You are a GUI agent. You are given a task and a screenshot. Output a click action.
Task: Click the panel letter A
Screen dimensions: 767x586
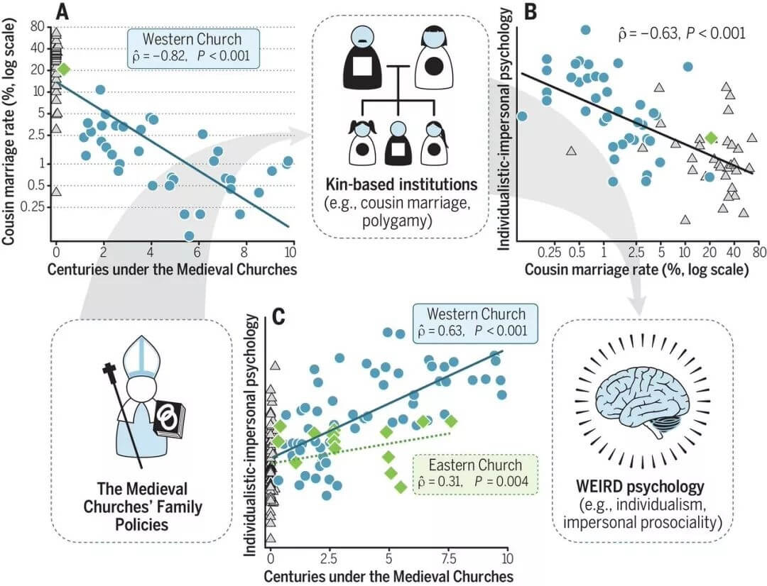click(62, 12)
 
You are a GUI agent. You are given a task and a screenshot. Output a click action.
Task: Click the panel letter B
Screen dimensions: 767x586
click(531, 12)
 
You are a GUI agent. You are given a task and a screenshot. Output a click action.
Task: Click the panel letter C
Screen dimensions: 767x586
click(278, 316)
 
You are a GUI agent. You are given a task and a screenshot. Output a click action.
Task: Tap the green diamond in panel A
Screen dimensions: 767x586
click(64, 70)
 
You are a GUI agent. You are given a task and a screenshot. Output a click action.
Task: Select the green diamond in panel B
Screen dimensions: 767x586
click(711, 138)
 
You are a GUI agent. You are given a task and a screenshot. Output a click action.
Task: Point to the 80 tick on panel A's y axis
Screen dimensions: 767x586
click(38, 26)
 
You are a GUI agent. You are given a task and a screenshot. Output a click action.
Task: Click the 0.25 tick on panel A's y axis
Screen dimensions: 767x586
click(32, 206)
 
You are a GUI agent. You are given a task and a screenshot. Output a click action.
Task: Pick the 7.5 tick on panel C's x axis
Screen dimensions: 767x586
click(449, 558)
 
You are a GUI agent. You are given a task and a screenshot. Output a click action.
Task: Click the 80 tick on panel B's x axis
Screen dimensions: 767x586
click(759, 252)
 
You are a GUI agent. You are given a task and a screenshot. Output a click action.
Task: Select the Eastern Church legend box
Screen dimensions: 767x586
click(475, 474)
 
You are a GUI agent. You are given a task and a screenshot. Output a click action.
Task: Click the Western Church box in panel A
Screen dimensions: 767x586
click(193, 48)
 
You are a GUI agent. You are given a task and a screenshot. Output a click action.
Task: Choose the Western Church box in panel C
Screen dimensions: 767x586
click(475, 323)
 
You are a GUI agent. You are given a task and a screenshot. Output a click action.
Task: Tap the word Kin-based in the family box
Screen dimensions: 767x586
click(357, 184)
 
